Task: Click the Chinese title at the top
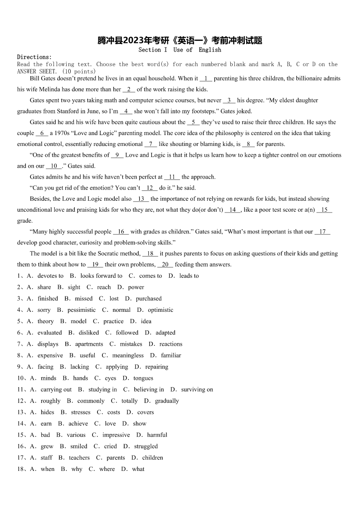(x=180, y=41)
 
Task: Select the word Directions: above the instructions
(x=34, y=57)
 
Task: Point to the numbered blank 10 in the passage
(x=54, y=166)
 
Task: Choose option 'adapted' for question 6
(x=165, y=332)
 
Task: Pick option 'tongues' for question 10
(x=143, y=378)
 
